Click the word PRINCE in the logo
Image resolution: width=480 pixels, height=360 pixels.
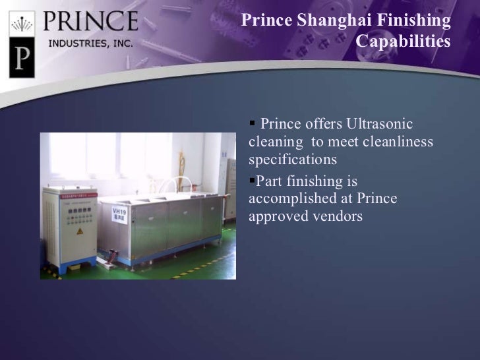coord(90,22)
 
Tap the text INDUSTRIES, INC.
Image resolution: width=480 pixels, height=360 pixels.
coord(90,45)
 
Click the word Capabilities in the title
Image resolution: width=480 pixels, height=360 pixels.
coord(403,42)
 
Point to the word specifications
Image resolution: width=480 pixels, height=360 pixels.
coord(293,160)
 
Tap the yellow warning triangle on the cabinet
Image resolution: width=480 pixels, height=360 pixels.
coord(79,231)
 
